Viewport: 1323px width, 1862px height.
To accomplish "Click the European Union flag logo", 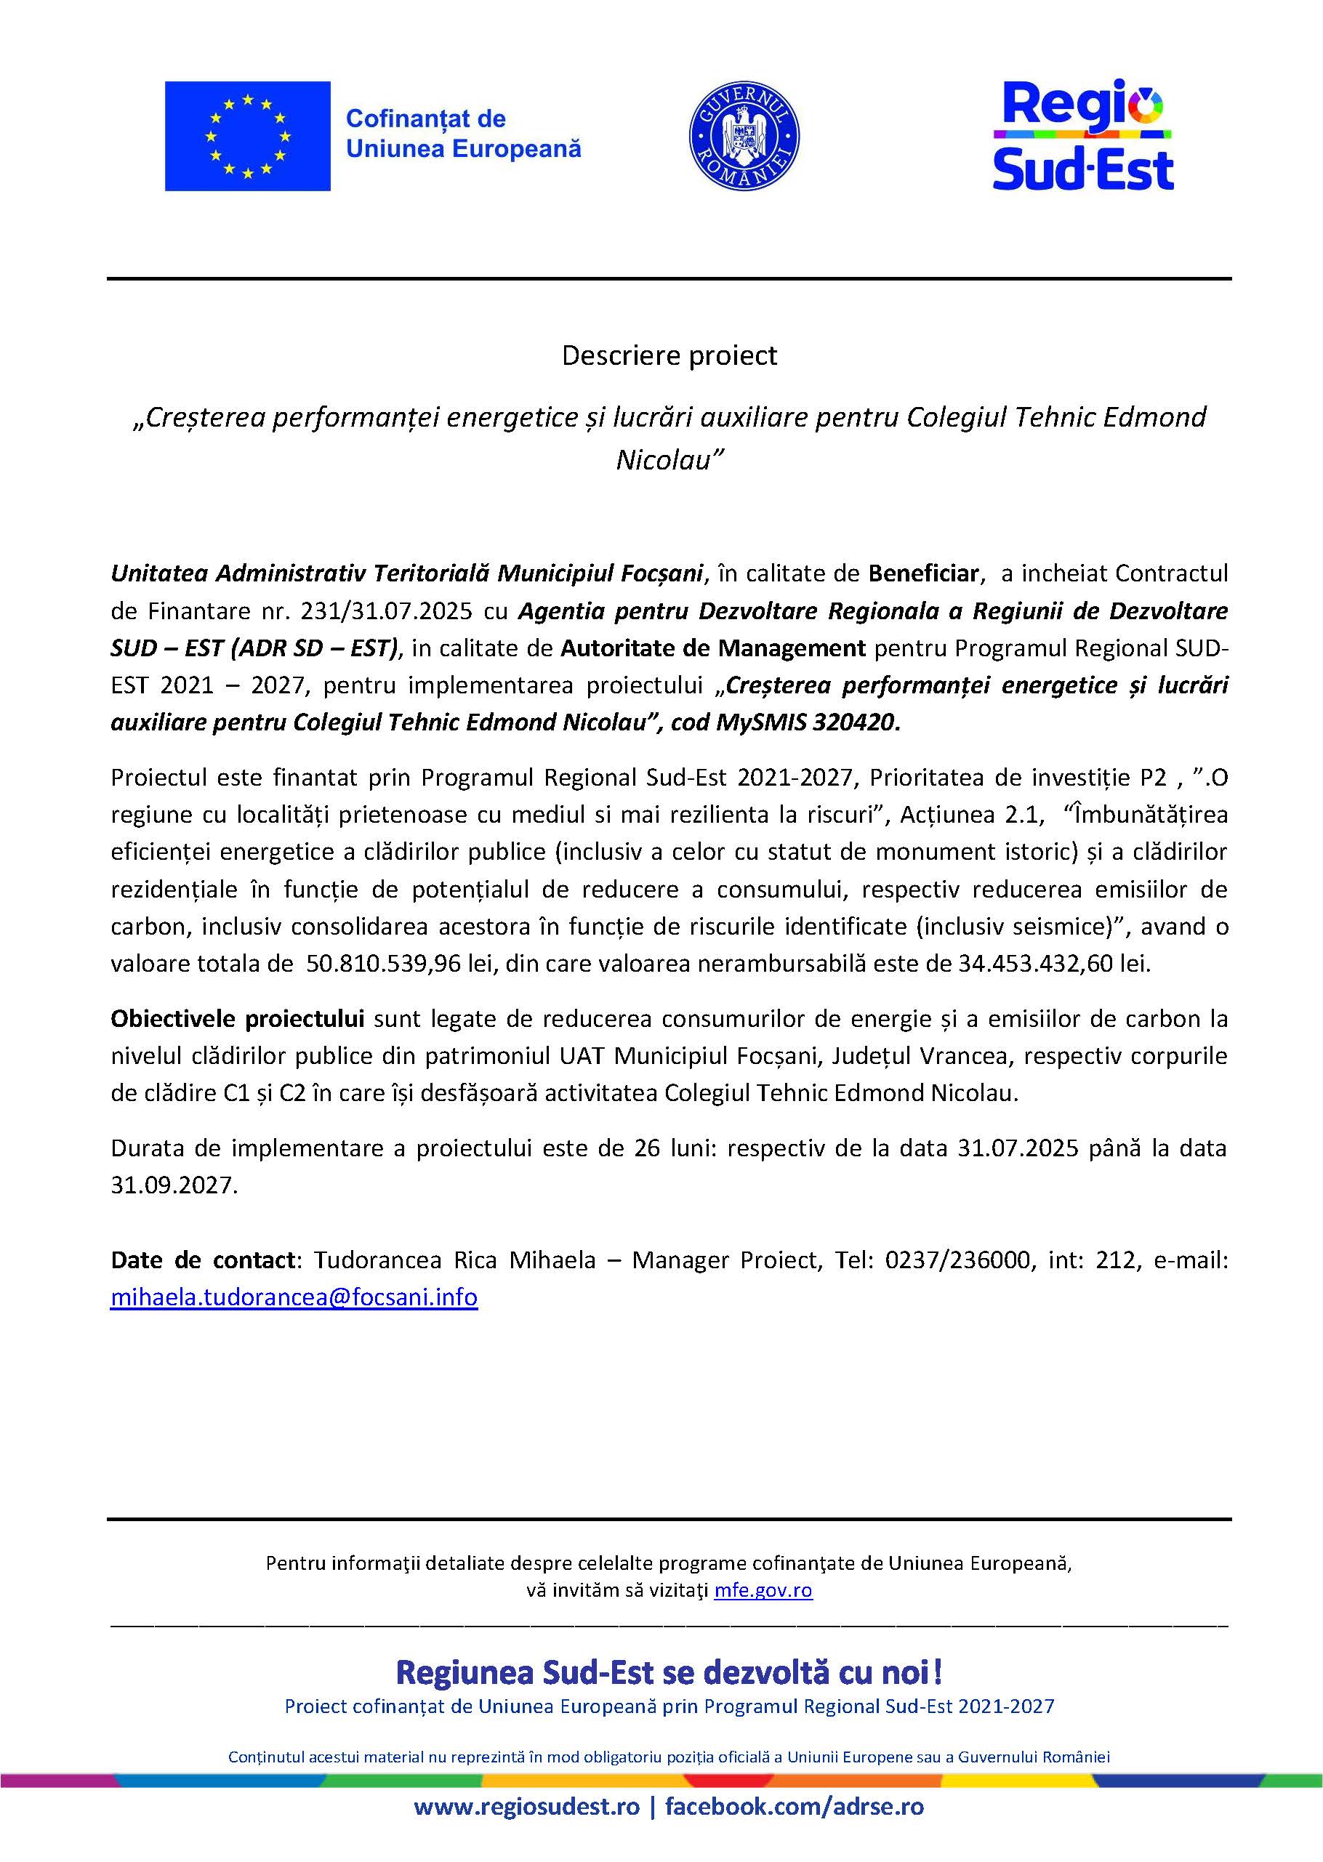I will [x=248, y=136].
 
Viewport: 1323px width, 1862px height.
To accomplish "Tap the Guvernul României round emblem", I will [x=744, y=136].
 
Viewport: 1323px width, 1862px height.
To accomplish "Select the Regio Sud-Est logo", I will [x=1082, y=135].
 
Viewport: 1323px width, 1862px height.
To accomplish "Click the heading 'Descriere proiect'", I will [x=669, y=355].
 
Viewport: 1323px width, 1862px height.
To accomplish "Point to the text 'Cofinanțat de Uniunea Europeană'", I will [x=464, y=134].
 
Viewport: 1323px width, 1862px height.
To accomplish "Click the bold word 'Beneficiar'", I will [x=923, y=573].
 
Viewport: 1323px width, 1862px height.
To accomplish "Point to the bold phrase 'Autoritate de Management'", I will [x=713, y=648].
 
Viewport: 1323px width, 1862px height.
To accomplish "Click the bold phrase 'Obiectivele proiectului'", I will [x=237, y=1019].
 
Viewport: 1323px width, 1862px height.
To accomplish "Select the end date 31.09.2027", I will [x=174, y=1185].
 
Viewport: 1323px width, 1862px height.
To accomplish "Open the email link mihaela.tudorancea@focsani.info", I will [x=294, y=1297].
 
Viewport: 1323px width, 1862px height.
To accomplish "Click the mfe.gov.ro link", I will [x=763, y=1590].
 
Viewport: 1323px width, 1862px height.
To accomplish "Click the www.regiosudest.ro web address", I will [x=526, y=1829].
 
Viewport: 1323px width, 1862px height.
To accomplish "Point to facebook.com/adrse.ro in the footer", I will [x=795, y=1829].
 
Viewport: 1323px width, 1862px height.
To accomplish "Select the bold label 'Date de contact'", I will [x=203, y=1260].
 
